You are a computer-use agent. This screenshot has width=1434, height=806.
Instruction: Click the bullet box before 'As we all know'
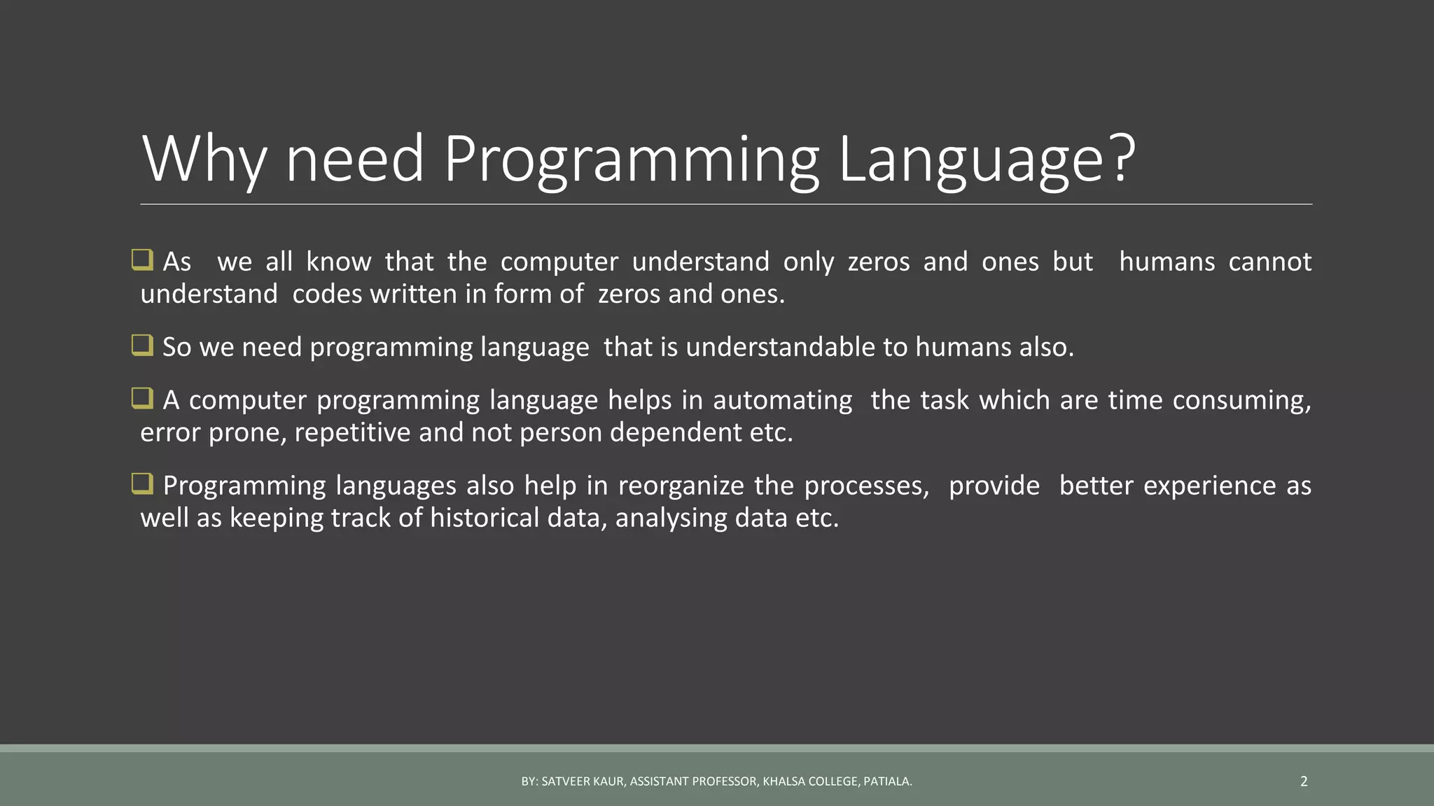pos(142,260)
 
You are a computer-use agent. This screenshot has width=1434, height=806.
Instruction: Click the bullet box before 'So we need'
pos(142,345)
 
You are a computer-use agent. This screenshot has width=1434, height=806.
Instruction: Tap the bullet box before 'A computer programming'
pos(142,398)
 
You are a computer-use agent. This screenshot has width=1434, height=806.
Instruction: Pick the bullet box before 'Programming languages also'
pos(142,483)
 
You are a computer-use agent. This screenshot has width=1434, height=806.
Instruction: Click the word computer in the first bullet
pos(559,262)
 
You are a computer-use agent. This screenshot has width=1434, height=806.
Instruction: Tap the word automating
pos(782,400)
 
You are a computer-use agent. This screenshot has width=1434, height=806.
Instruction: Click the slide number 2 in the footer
pos(1303,782)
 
